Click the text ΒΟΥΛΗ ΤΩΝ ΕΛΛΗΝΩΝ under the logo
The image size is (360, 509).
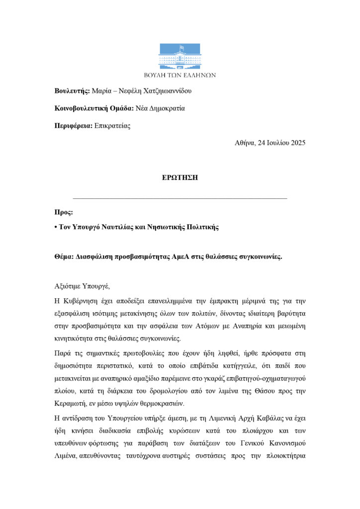[x=180, y=75]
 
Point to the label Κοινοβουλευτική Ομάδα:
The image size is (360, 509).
[x=94, y=108]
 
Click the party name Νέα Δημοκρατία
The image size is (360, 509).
[x=160, y=108]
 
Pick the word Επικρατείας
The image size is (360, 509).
[x=112, y=126]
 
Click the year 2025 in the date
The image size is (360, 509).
[x=296, y=143]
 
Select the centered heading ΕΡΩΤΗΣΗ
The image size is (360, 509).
[x=180, y=177]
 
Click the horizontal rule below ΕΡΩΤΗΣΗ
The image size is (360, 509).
[x=180, y=198]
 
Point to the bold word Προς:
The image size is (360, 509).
[x=64, y=212]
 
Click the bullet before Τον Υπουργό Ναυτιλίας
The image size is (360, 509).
[x=56, y=227]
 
